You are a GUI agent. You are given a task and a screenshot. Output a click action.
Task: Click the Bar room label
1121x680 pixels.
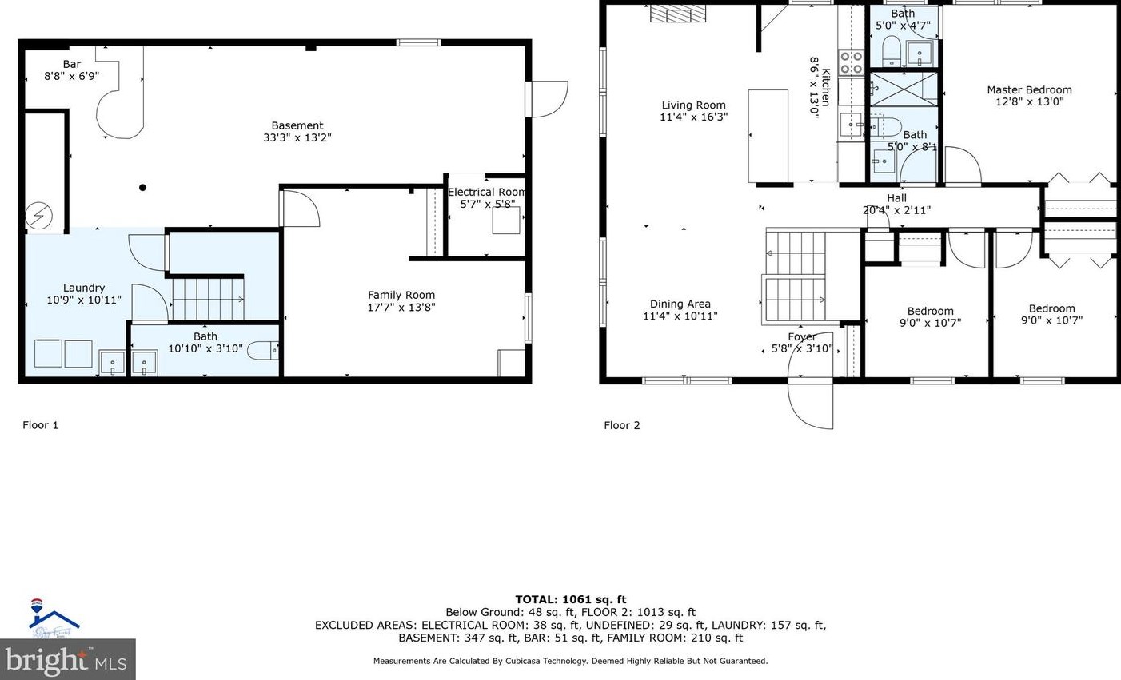(x=72, y=70)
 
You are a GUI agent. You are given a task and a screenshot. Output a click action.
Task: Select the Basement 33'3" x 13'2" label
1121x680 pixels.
(x=297, y=131)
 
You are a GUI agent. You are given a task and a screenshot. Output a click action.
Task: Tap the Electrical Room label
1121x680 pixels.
(x=486, y=197)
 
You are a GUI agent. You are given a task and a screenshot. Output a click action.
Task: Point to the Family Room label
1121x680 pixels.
(x=401, y=301)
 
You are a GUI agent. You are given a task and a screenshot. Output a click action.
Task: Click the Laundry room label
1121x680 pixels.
(x=84, y=294)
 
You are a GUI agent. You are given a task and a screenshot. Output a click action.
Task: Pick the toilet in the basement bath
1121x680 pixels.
(x=263, y=349)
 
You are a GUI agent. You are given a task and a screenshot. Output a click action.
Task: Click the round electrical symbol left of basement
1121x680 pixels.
(x=38, y=215)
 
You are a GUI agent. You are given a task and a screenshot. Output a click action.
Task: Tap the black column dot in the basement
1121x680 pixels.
(x=142, y=188)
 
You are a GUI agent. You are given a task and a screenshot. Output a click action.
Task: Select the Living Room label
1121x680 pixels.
(x=693, y=111)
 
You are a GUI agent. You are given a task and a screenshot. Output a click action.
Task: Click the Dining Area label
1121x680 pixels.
(x=680, y=309)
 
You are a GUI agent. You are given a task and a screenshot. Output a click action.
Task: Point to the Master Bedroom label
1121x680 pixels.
(x=1029, y=96)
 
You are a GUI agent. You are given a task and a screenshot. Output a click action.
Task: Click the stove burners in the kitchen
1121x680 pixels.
(x=850, y=62)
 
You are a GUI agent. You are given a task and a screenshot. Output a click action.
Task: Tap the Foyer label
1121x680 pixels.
(x=802, y=343)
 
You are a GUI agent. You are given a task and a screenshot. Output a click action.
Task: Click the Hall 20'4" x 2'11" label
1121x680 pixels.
(x=896, y=205)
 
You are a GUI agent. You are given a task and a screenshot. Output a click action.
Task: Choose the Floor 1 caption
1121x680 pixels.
(x=40, y=425)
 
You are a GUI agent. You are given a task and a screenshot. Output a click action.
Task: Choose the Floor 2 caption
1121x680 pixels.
(x=622, y=425)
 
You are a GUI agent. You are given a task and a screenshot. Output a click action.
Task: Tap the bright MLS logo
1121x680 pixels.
(x=67, y=660)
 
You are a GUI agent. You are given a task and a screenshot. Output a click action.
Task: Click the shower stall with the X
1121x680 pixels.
(x=903, y=88)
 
